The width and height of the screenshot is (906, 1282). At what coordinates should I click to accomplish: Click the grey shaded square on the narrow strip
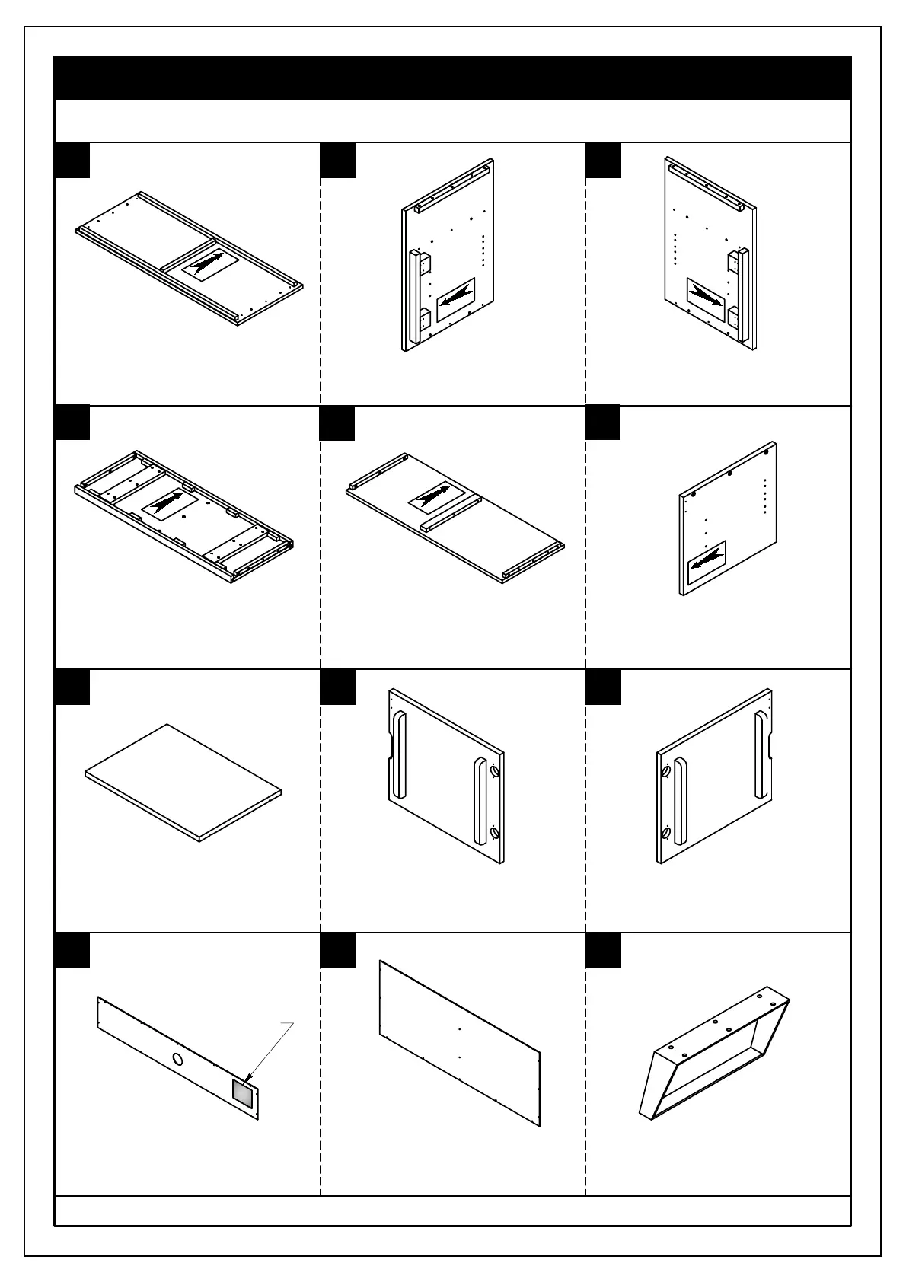pyautogui.click(x=243, y=1092)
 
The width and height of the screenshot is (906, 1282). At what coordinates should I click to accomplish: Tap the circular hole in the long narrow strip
pyautogui.click(x=177, y=1059)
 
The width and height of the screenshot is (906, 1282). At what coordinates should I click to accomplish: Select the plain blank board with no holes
pyautogui.click(x=183, y=783)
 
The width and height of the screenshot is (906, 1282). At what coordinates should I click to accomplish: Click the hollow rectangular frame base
pyautogui.click(x=714, y=1056)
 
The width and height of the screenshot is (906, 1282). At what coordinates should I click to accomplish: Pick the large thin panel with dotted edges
pyautogui.click(x=460, y=1042)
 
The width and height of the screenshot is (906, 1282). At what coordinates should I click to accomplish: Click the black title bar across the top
pyautogui.click(x=452, y=78)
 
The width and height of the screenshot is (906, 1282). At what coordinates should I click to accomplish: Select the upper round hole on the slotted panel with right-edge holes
pyautogui.click(x=496, y=771)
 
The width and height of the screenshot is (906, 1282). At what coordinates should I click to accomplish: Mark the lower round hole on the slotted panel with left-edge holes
pyautogui.click(x=666, y=833)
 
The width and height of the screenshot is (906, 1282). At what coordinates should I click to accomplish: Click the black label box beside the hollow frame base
pyautogui.click(x=603, y=950)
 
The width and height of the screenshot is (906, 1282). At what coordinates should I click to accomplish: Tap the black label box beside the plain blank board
pyautogui.click(x=72, y=687)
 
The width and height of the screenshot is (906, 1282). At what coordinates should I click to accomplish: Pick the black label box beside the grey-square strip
pyautogui.click(x=72, y=950)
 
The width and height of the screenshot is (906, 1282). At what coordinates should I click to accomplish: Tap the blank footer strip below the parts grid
pyautogui.click(x=452, y=1210)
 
